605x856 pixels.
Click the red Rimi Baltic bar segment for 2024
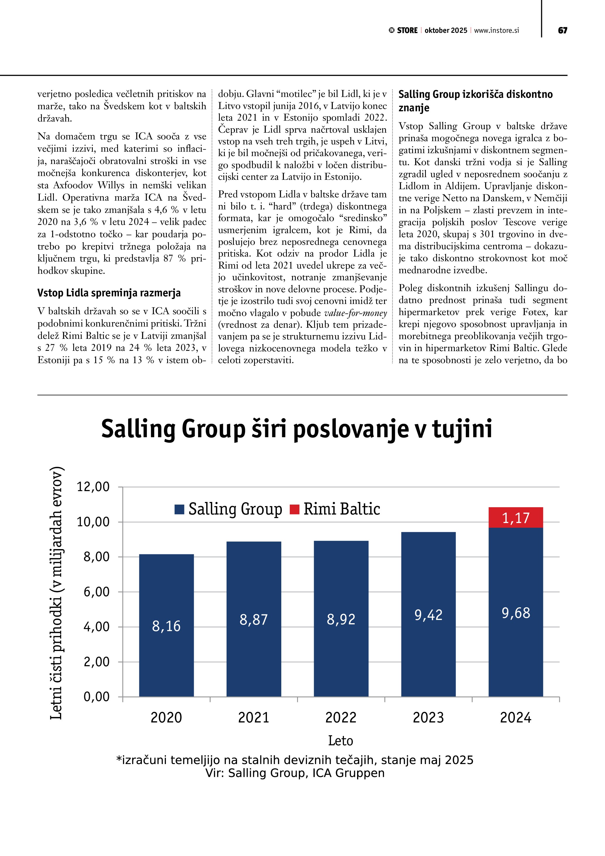pyautogui.click(x=516, y=517)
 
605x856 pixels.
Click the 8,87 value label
pyautogui.click(x=254, y=619)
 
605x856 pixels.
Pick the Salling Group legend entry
pyautogui.click(x=228, y=509)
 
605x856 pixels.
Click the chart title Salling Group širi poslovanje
pyautogui.click(x=296, y=429)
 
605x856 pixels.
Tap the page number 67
pyautogui.click(x=563, y=30)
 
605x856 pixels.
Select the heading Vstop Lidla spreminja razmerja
pyautogui.click(x=109, y=293)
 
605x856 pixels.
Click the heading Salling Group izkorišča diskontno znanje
pyautogui.click(x=475, y=101)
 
